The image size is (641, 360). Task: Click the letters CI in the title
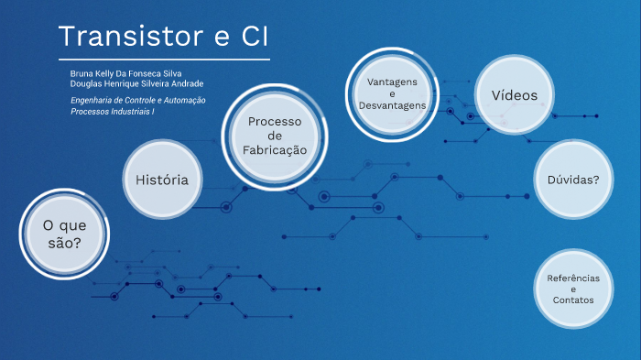pos(253,37)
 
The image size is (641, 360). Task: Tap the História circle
pos(162,180)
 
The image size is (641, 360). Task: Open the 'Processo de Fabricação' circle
pos(275,136)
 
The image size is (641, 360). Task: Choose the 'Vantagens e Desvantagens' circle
pos(391,93)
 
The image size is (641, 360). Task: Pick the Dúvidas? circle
pos(573,180)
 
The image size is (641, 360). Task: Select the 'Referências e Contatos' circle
pos(573,289)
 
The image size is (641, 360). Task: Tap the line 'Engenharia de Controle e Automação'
pos(137,100)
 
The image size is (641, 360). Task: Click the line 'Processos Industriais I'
pos(113,111)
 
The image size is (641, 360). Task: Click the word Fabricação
pos(275,150)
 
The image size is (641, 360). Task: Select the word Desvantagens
pos(391,106)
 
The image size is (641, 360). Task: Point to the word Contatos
pos(573,300)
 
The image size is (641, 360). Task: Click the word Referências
pos(573,278)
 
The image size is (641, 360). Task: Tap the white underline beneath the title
pos(164,60)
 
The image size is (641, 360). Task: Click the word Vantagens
pos(391,82)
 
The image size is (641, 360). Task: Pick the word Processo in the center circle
pos(275,121)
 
